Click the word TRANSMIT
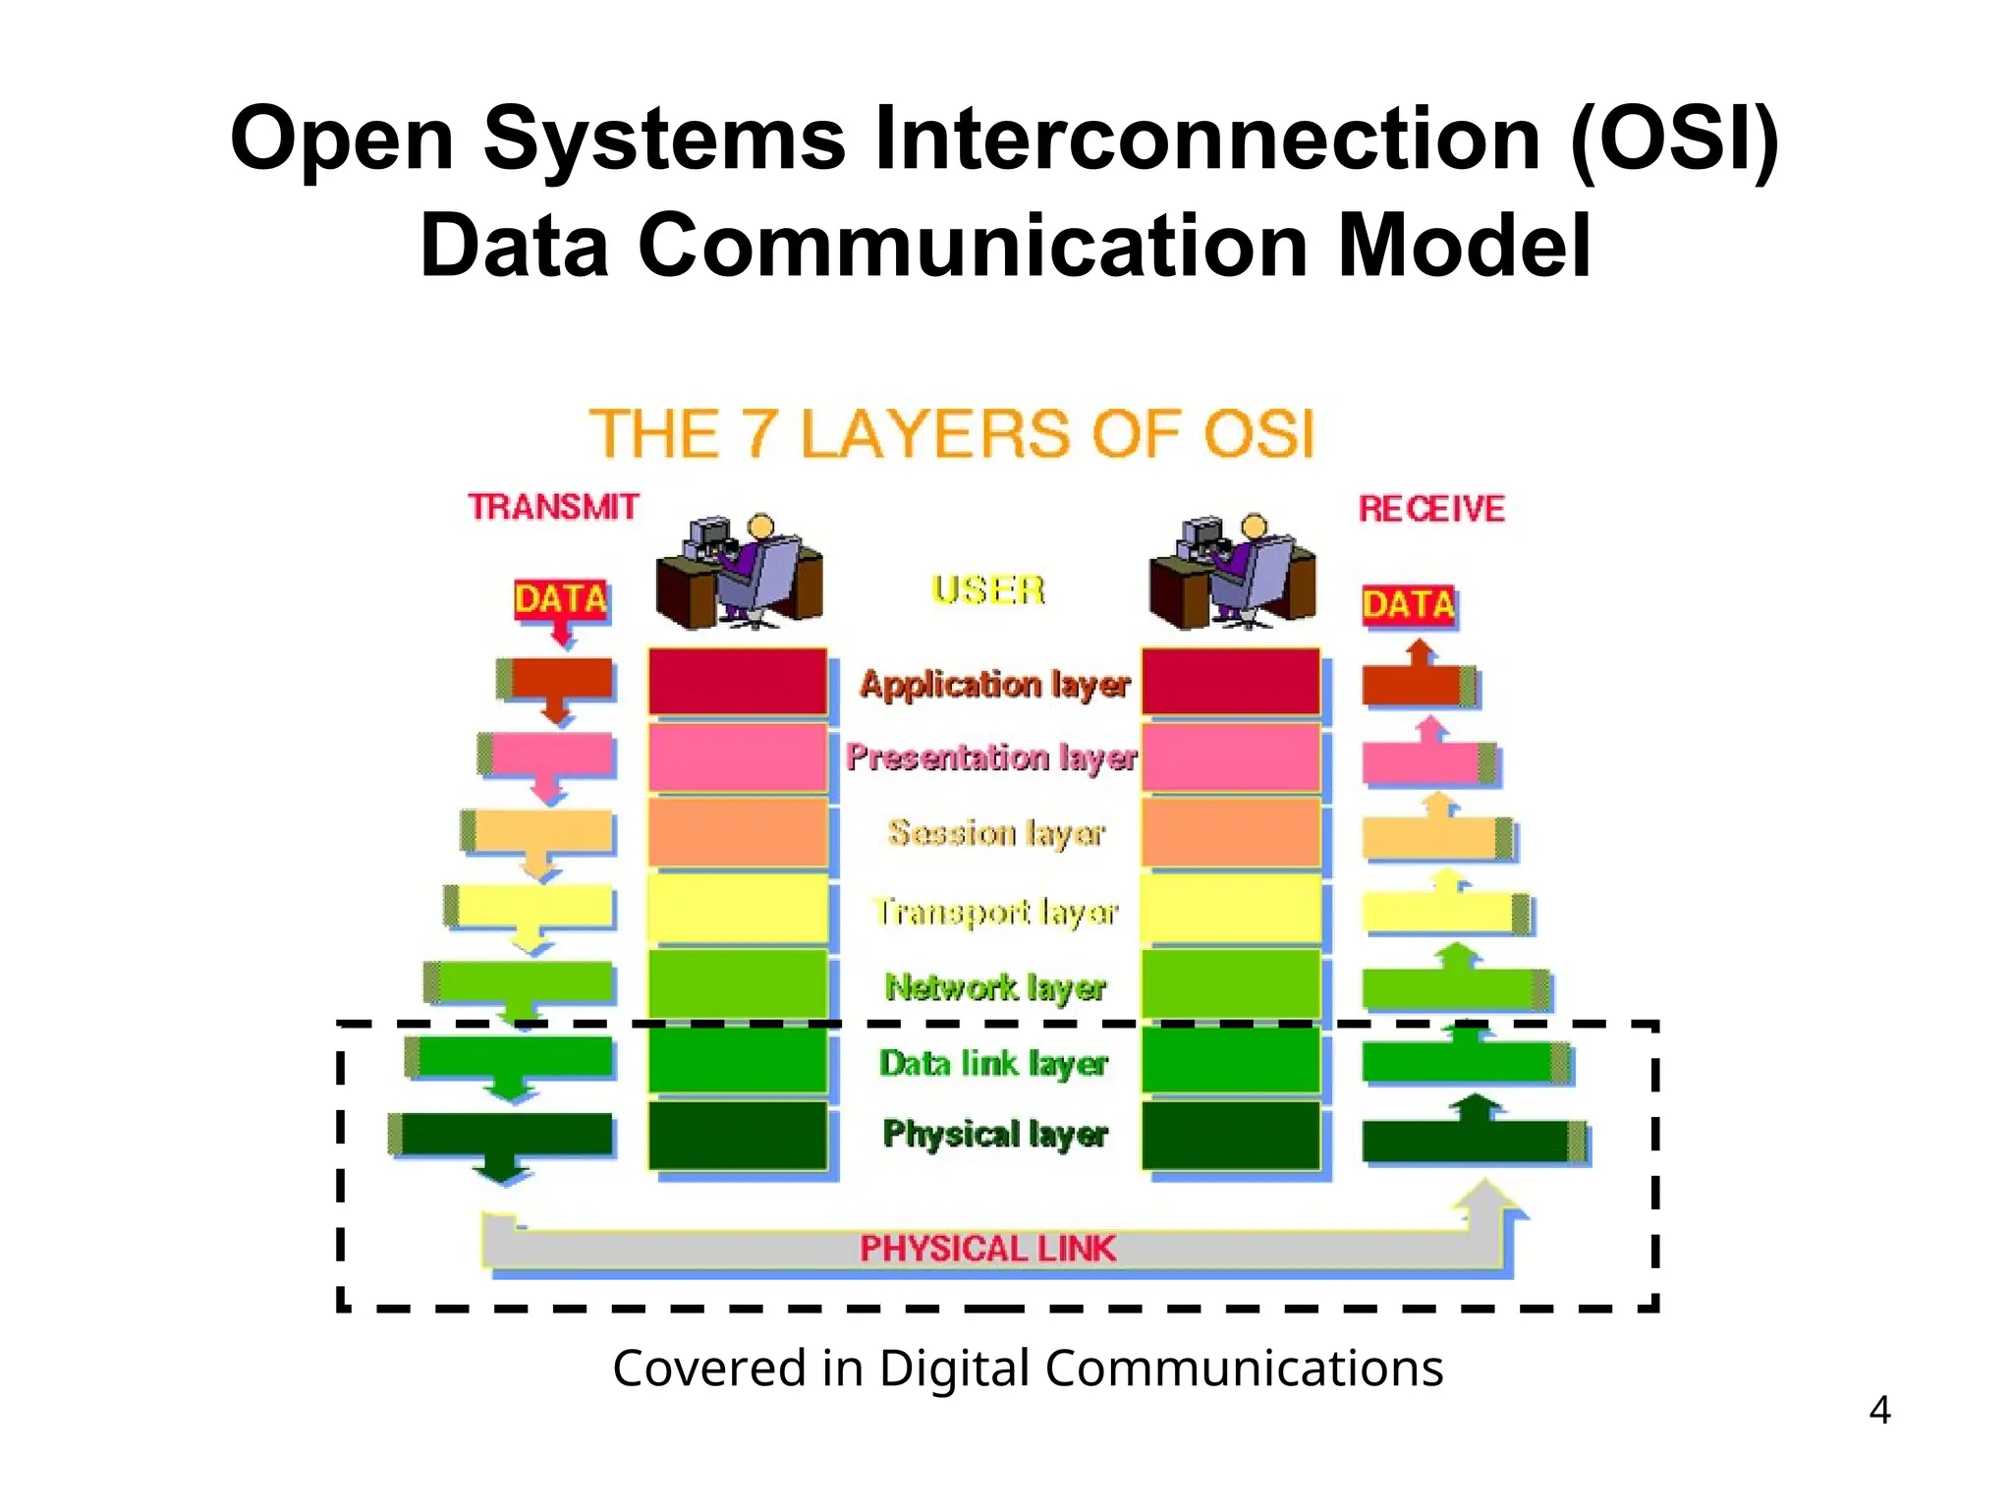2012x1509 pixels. pos(553,507)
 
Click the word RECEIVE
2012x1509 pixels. pos(1431,509)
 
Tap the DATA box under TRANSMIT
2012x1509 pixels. pos(561,598)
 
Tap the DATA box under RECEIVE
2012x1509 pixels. pos(1408,604)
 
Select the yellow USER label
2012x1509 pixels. pos(987,589)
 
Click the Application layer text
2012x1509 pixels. pos(994,684)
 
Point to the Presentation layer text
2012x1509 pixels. pos(991,757)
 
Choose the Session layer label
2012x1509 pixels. pos(995,833)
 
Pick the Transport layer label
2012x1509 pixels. pos(995,912)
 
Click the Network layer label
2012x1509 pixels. pos(995,986)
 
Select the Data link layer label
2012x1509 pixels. pos(993,1063)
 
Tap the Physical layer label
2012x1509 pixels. pos(994,1134)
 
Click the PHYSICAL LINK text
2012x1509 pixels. pos(987,1249)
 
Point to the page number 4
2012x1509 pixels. pos(1879,1411)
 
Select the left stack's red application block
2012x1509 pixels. pos(737,681)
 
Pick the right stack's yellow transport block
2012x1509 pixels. pos(1230,909)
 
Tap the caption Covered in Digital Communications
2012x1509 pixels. pos(1028,1368)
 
